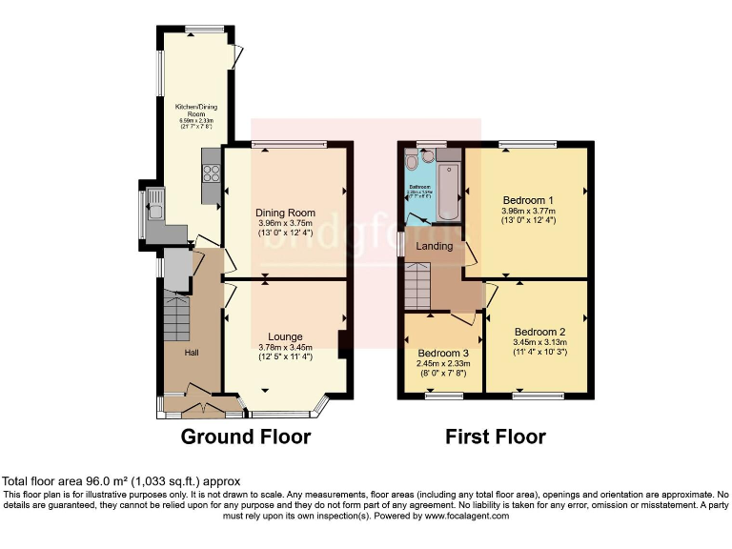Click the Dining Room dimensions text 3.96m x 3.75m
285,224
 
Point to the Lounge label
285,336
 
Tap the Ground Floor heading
247,437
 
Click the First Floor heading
495,437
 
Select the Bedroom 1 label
529,200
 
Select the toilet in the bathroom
411,159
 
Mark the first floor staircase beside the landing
418,284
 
